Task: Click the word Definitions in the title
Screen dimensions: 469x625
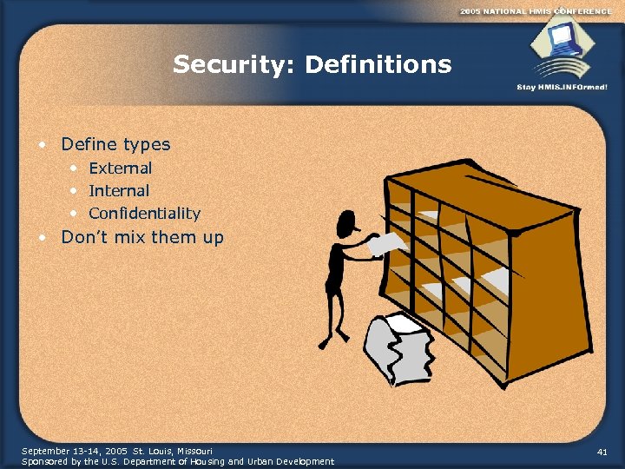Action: click(379, 64)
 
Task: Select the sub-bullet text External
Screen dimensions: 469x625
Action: click(120, 168)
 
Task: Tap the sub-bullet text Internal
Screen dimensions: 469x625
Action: click(119, 190)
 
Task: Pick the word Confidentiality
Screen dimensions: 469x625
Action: click(144, 213)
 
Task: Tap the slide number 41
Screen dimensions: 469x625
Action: click(602, 452)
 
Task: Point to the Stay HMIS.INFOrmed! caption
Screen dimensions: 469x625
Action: click(562, 87)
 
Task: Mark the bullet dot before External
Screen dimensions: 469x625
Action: click(74, 167)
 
